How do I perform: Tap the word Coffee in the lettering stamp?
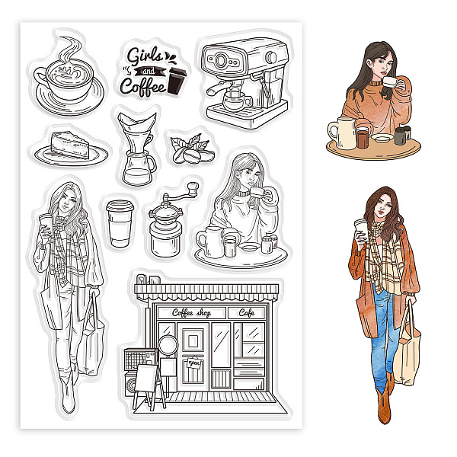143,85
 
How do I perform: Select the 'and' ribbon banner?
149,71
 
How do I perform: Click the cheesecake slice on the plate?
70,144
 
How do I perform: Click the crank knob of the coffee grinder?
193,187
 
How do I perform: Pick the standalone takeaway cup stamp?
120,223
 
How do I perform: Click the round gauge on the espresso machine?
220,60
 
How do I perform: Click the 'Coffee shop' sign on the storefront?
191,313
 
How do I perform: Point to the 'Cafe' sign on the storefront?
247,313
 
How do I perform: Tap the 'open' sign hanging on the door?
194,363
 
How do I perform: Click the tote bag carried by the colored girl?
408,350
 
